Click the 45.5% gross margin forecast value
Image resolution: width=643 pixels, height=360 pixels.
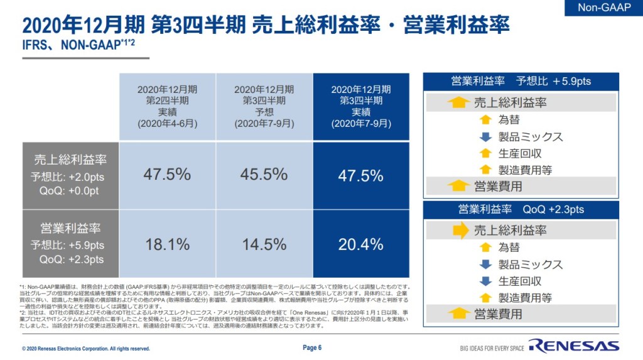tap(264, 174)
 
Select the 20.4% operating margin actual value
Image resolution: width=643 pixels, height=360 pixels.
tap(360, 244)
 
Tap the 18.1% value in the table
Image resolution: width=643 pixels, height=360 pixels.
tap(167, 244)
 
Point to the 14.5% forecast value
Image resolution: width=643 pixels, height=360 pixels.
tap(264, 244)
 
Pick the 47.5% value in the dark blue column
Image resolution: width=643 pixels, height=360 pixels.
tap(360, 175)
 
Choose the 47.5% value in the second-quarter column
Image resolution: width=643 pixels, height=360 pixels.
tap(167, 174)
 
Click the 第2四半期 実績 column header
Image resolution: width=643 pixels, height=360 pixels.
tap(167, 106)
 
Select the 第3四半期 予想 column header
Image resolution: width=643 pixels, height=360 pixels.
tap(264, 106)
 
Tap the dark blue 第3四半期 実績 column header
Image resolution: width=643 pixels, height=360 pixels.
tap(360, 106)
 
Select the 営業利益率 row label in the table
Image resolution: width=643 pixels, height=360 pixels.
tap(70, 228)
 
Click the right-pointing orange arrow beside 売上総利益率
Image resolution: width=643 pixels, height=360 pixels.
tap(462, 231)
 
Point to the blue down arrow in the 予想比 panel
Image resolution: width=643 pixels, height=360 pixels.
tap(485, 136)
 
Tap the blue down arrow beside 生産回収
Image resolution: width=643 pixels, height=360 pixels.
tap(485, 281)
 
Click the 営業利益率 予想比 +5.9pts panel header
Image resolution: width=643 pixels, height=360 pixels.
tap(521, 81)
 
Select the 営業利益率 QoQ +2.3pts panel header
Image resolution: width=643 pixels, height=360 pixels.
tap(521, 209)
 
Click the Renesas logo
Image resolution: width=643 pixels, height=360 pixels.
tap(573, 346)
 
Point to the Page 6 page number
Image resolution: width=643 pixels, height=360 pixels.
tap(312, 347)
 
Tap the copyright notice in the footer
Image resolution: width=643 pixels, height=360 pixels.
tap(86, 348)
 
